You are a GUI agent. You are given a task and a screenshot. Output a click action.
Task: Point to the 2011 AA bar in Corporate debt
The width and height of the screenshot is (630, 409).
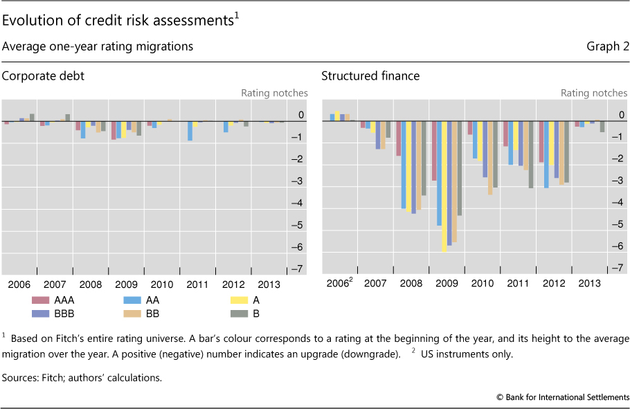pos(190,131)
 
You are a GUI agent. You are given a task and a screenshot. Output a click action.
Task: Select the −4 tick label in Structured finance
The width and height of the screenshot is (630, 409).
pos(620,203)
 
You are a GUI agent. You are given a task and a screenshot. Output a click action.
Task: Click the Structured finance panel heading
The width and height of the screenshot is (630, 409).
pos(370,76)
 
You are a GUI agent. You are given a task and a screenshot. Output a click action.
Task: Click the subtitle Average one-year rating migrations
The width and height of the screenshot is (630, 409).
pos(98,46)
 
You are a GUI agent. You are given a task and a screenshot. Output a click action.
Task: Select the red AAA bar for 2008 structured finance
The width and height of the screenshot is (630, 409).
pos(399,138)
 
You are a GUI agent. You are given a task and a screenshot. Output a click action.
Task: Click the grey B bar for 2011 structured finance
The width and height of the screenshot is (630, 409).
pos(531,154)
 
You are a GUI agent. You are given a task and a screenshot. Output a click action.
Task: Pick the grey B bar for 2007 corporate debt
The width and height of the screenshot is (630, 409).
pos(67,118)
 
